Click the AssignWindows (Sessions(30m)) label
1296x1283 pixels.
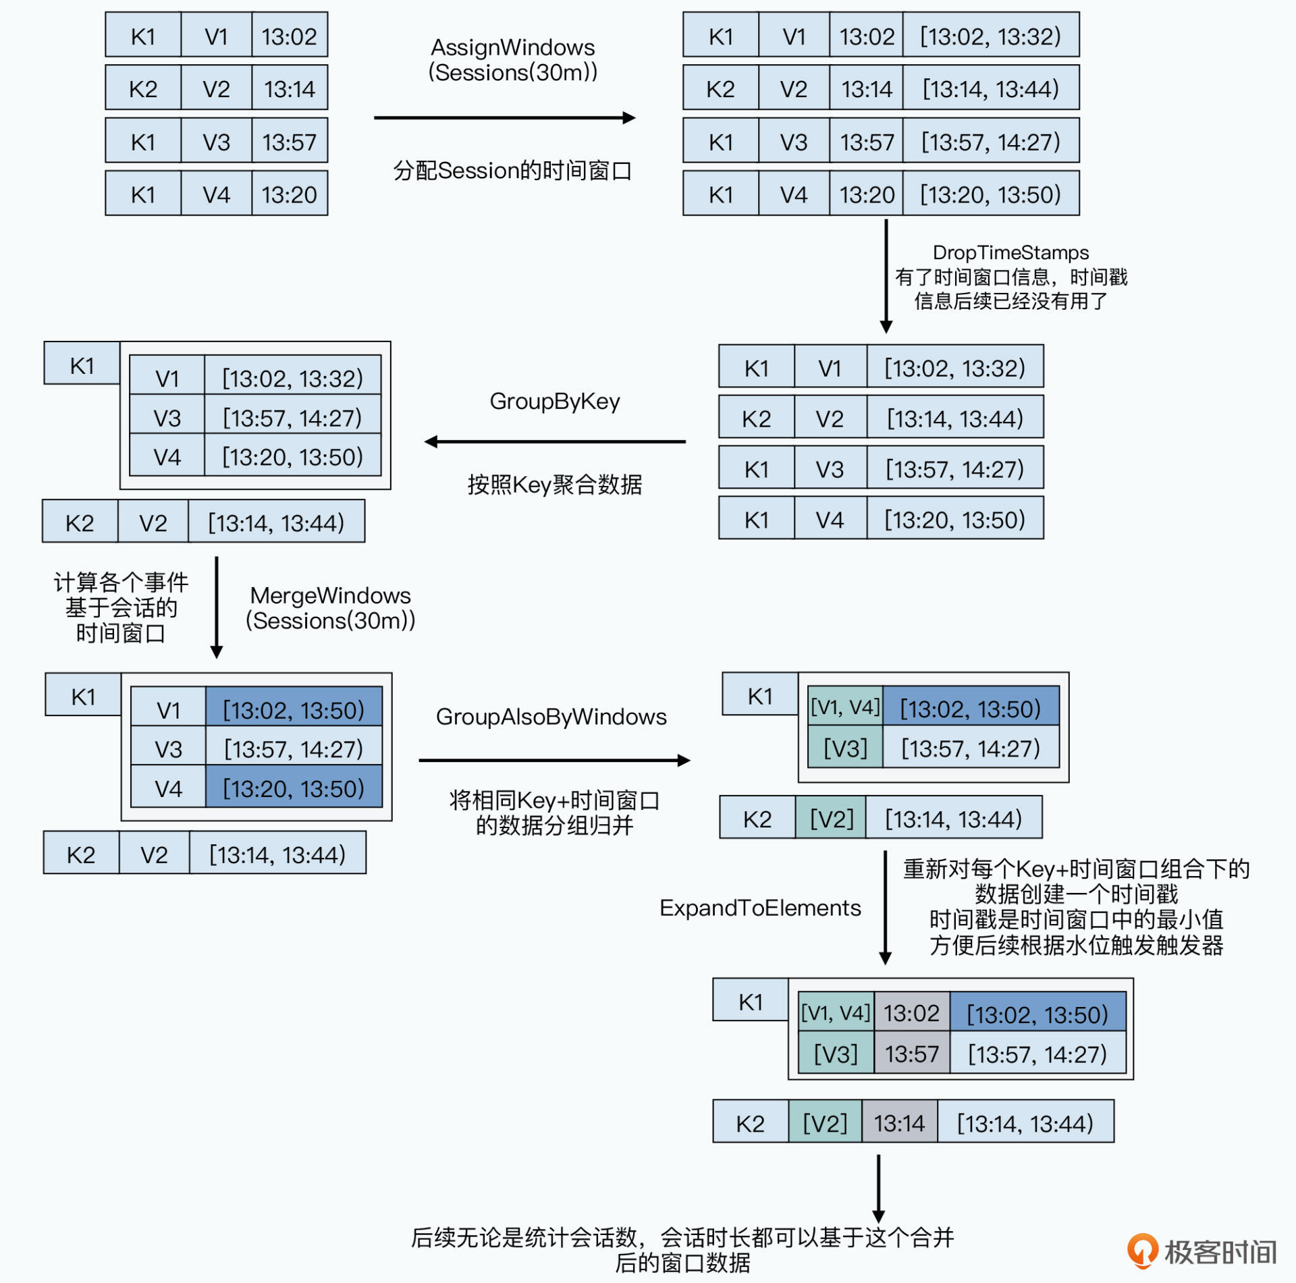click(513, 60)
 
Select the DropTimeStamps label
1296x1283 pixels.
click(1010, 252)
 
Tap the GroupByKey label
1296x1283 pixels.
click(555, 402)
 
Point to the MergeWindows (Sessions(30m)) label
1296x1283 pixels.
click(330, 608)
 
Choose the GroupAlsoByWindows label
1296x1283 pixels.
click(551, 717)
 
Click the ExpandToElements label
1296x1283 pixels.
click(760, 908)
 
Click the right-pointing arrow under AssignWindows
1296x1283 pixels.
click(505, 118)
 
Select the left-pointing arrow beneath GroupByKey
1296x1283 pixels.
click(555, 442)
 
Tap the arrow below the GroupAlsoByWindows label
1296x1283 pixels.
click(554, 761)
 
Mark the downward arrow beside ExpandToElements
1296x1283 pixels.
click(886, 908)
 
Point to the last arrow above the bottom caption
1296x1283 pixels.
click(878, 1188)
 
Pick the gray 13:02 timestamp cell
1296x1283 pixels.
click(912, 1013)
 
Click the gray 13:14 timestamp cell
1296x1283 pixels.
click(899, 1123)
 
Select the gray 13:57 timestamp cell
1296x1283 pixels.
click(912, 1054)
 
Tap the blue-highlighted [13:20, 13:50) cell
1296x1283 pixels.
click(294, 788)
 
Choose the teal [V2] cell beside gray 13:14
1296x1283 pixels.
click(825, 1123)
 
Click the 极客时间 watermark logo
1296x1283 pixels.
click(1202, 1252)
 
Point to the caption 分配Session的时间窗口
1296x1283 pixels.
click(512, 171)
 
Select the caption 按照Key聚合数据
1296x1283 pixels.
click(555, 485)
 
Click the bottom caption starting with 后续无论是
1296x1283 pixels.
click(682, 1250)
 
